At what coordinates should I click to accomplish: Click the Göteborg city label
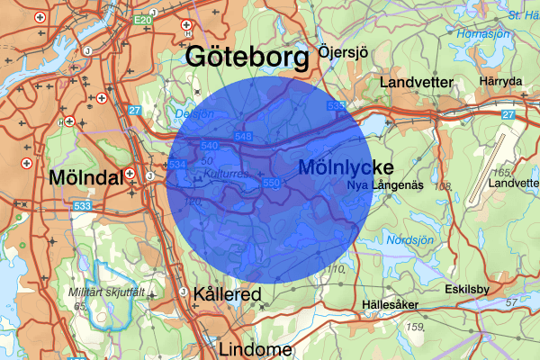pos(247,58)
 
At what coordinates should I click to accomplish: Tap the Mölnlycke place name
pos(345,166)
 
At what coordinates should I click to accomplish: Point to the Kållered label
pos(227,295)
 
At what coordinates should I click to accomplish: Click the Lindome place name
pos(255,349)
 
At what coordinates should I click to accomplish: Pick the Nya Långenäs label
pos(385,184)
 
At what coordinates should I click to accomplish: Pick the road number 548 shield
pos(242,136)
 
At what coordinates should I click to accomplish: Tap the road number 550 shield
pos(272,184)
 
